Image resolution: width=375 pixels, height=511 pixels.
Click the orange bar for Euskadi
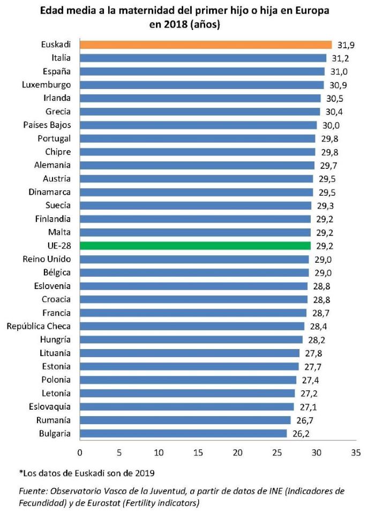click(x=206, y=45)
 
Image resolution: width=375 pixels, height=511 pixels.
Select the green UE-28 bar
click(x=195, y=246)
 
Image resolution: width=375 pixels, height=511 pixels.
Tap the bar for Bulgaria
click(x=183, y=433)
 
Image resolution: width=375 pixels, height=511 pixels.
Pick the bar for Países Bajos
click(x=198, y=125)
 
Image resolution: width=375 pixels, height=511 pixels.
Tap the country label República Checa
click(x=39, y=326)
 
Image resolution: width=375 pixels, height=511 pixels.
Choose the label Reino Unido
click(x=47, y=259)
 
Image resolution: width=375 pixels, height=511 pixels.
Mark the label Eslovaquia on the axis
click(x=48, y=406)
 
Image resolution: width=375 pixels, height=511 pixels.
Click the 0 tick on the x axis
click(x=80, y=452)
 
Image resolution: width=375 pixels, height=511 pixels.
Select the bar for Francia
click(x=193, y=313)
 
